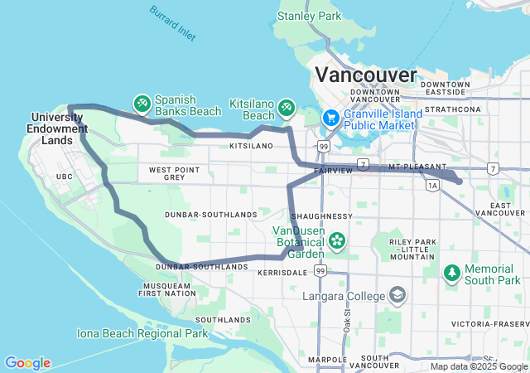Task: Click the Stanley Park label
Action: pos(310,16)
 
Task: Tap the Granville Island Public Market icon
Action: pos(330,118)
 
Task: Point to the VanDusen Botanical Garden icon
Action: pos(337,241)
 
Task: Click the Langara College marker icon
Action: pos(397,295)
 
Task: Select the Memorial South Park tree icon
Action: pos(451,272)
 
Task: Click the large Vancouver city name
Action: pos(365,75)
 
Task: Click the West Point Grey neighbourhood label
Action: pos(174,173)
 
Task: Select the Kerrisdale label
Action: pos(283,272)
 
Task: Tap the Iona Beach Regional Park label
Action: pos(142,333)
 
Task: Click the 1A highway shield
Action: pos(432,186)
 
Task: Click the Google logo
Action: pos(27,363)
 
